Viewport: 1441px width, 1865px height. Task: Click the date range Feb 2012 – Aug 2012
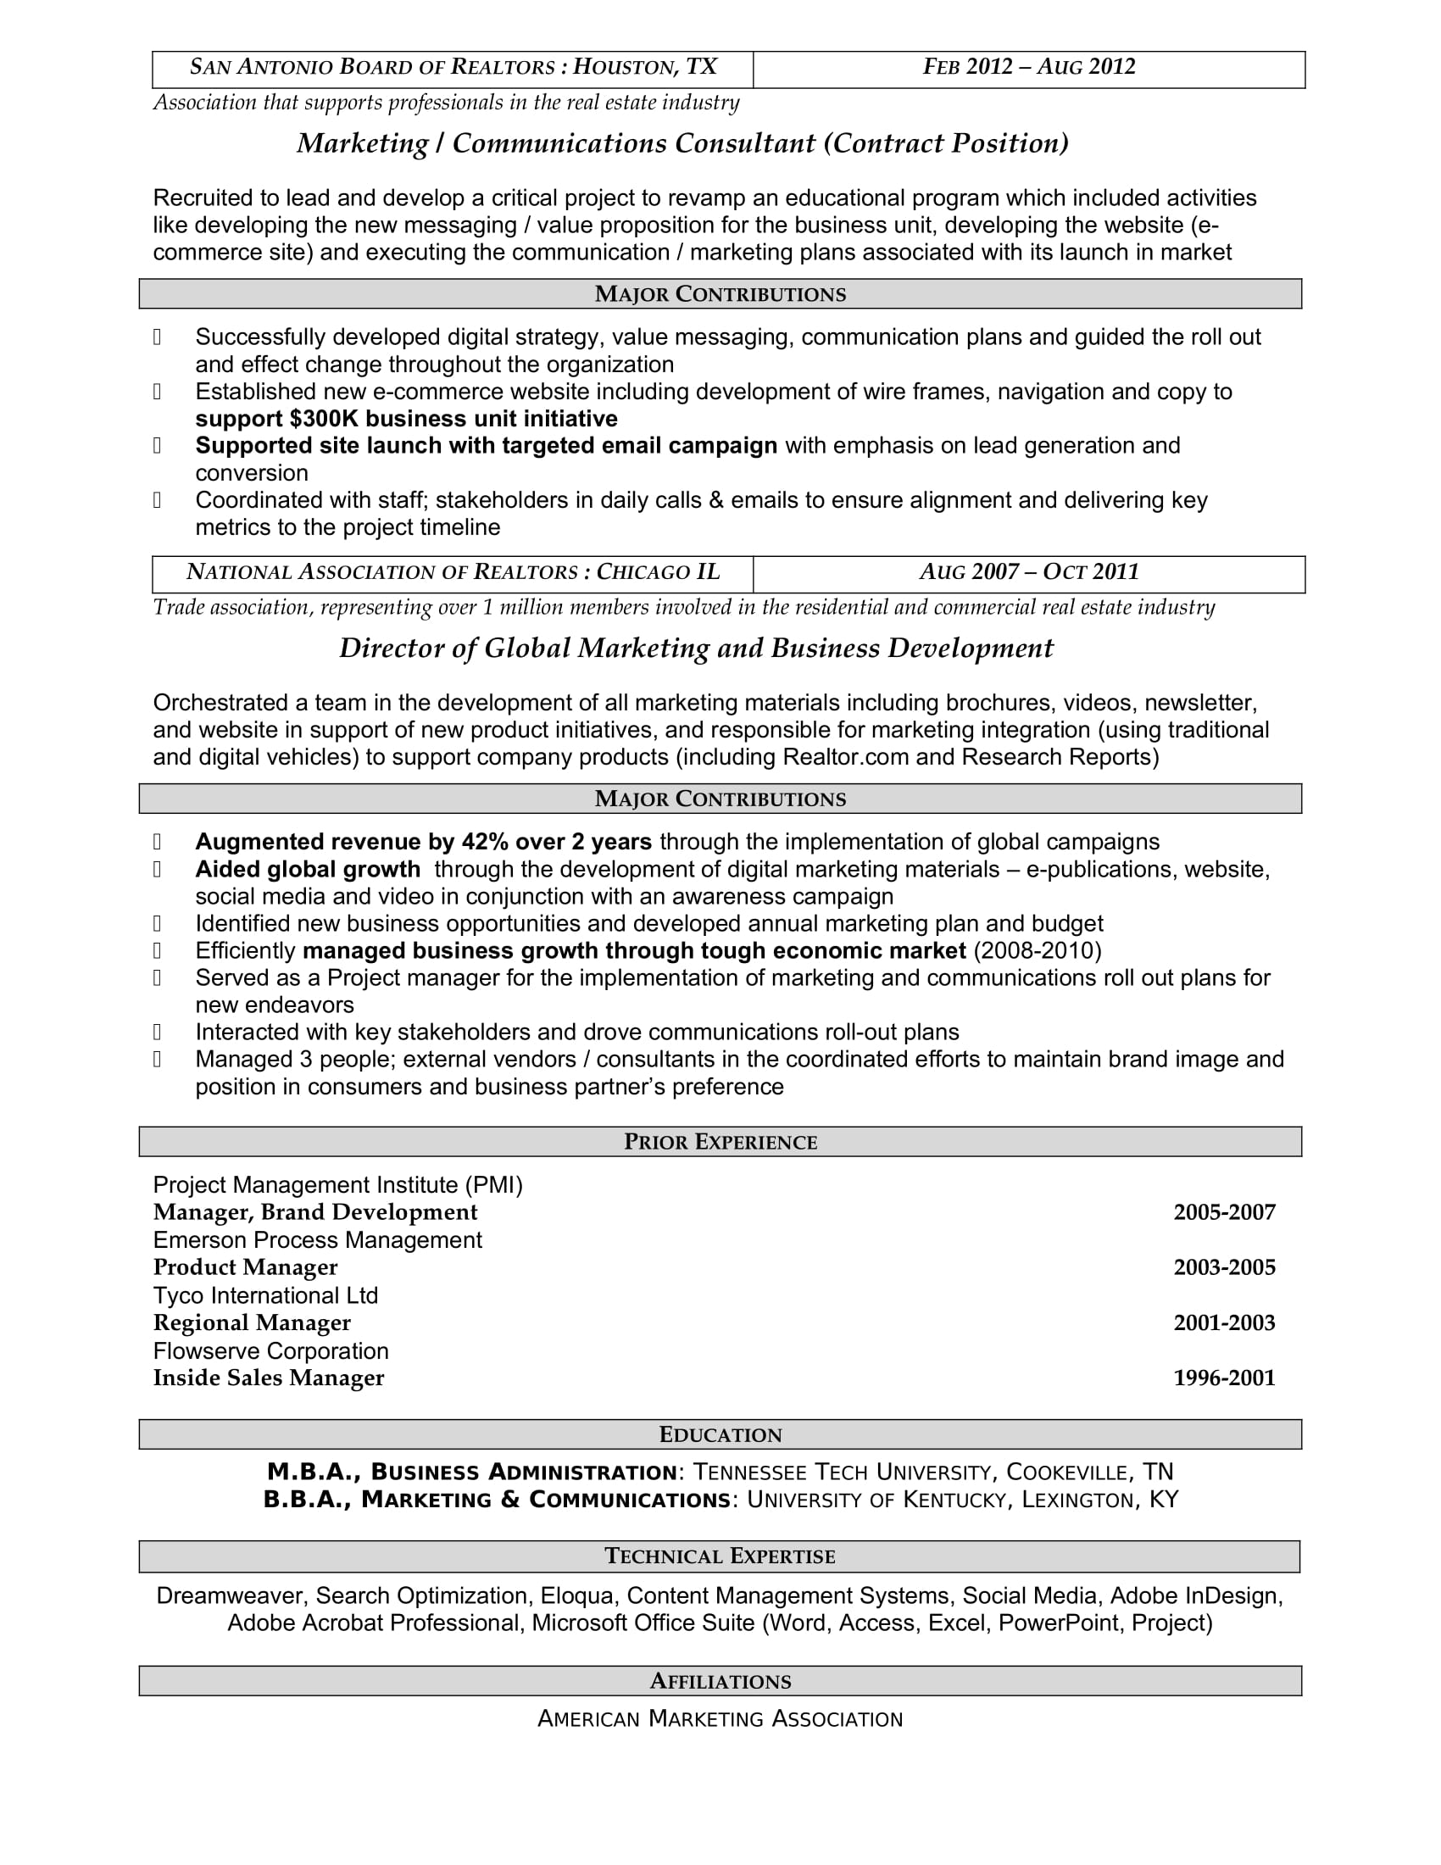coord(1029,68)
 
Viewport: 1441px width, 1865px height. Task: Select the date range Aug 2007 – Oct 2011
coord(1029,572)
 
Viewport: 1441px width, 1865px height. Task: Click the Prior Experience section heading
coord(720,1143)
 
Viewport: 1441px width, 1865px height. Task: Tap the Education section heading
coord(720,1435)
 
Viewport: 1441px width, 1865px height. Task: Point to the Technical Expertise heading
coord(720,1556)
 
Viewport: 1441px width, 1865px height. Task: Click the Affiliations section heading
coord(720,1681)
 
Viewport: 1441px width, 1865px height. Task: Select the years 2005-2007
coord(1224,1212)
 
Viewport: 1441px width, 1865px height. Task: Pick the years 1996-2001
coord(1224,1378)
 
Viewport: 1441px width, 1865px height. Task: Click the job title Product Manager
coord(245,1267)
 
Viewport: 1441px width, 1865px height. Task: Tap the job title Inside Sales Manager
coord(268,1378)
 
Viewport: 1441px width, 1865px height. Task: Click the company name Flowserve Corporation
coord(270,1351)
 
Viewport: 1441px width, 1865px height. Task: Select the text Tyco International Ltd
coord(265,1295)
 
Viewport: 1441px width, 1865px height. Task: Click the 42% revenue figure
coord(485,842)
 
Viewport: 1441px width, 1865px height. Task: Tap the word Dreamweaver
coord(230,1596)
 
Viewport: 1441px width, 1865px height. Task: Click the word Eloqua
coord(577,1596)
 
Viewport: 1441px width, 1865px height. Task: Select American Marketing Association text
coord(720,1719)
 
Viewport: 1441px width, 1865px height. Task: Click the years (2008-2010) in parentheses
coord(1038,951)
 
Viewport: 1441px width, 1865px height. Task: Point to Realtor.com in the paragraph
coord(845,757)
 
